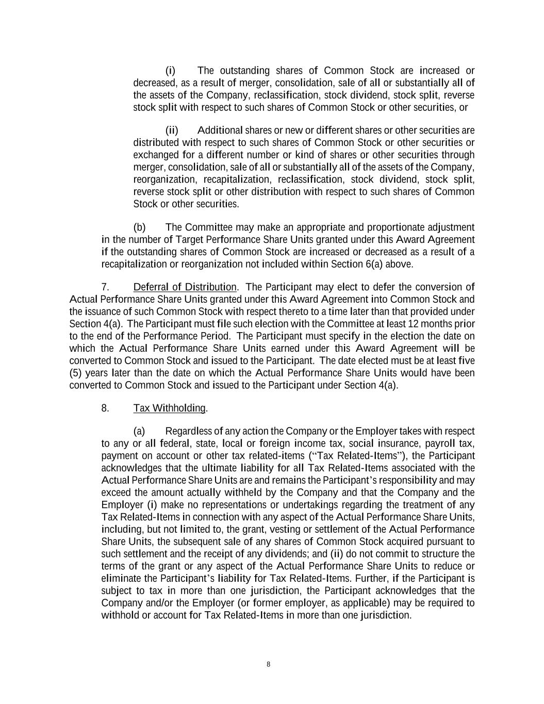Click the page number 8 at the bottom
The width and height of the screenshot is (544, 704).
(x=268, y=664)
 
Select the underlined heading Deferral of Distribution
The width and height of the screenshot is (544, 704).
(x=185, y=287)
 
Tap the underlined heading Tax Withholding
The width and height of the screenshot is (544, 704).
(x=170, y=408)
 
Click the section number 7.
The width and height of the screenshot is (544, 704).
(x=105, y=287)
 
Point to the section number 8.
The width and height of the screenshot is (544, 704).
(x=105, y=408)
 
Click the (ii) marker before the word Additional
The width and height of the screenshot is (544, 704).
(x=172, y=130)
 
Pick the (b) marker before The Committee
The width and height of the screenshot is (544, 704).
(x=139, y=227)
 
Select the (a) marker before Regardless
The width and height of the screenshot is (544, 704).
(x=139, y=431)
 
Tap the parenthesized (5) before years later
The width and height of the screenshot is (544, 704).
(x=76, y=373)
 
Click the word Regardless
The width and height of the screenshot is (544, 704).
(x=188, y=431)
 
